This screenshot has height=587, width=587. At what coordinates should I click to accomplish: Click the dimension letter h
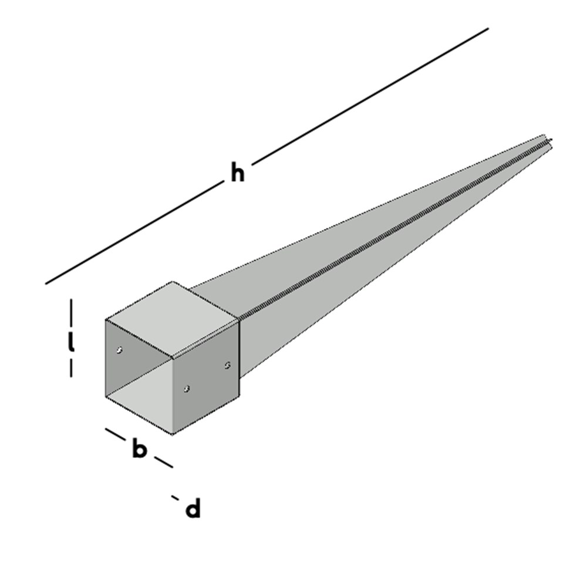click(x=237, y=174)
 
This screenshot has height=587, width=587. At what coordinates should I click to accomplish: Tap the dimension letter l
click(x=71, y=343)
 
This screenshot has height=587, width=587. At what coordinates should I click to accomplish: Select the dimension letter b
click(x=139, y=450)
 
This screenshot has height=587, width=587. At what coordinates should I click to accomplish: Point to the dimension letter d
click(x=193, y=510)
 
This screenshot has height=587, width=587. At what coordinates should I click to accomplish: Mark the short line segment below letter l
click(x=71, y=368)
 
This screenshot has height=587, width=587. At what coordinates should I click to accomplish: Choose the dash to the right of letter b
click(x=163, y=461)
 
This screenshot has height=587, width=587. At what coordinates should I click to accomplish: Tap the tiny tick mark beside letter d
click(x=175, y=498)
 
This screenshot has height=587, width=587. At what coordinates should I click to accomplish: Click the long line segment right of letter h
click(x=370, y=94)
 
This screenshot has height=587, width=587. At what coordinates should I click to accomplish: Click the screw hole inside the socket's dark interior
click(x=120, y=350)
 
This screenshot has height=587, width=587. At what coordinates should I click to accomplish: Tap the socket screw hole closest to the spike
click(x=228, y=365)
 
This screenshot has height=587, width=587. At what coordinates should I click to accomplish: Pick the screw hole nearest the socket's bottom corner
click(x=187, y=389)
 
